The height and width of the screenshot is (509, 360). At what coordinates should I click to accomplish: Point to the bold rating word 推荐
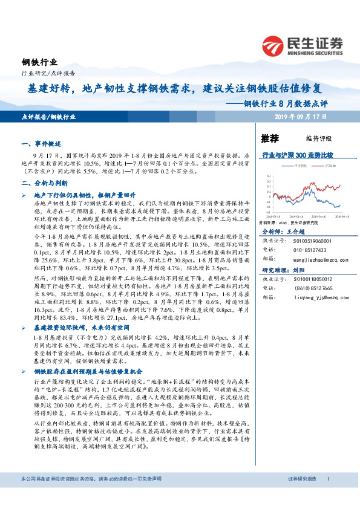[x=269, y=138]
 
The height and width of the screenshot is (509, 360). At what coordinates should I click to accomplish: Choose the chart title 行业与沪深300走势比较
[x=298, y=155]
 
